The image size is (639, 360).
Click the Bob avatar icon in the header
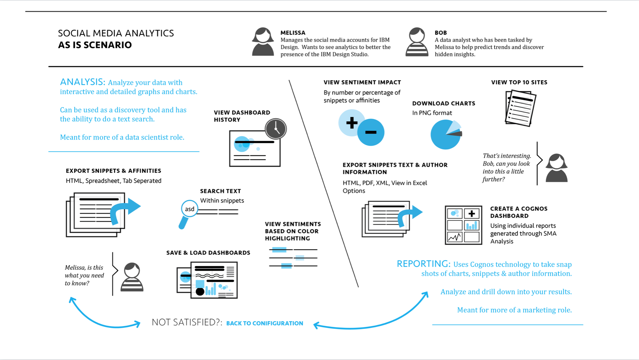coord(417,42)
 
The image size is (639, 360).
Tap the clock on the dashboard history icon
coord(276,129)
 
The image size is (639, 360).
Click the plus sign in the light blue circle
coord(352,123)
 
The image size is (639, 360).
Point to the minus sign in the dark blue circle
coord(371,132)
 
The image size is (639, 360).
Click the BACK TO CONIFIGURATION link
coord(265,323)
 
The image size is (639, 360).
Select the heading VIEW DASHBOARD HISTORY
coord(242,116)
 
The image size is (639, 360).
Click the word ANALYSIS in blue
coord(83,82)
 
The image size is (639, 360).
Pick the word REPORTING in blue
coord(423,264)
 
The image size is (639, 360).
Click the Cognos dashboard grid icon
coord(463,225)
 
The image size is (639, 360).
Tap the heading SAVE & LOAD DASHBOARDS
coord(208,253)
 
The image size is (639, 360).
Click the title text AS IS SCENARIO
coord(95,45)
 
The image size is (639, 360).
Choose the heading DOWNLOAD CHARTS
coord(444,103)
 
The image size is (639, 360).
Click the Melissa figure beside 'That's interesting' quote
coord(557,168)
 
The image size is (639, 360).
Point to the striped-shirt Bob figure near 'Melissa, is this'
coord(132,277)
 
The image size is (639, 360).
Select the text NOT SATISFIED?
coord(187,322)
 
